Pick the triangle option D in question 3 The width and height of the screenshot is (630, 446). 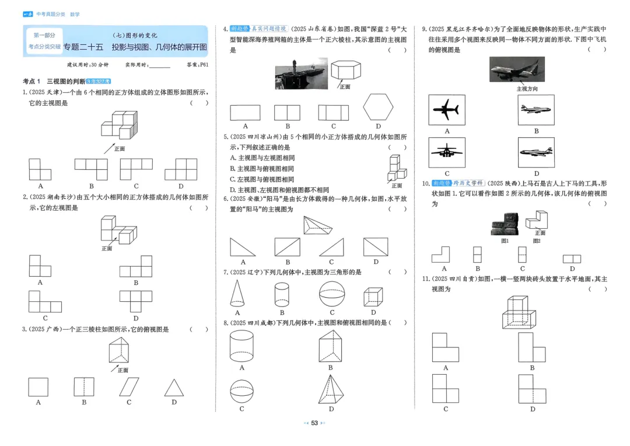(x=173, y=388)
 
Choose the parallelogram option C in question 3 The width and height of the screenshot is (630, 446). (x=129, y=387)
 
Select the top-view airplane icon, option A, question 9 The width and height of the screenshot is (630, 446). (x=447, y=110)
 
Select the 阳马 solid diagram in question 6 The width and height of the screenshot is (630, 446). (x=320, y=225)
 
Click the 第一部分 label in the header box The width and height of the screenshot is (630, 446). (x=44, y=36)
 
